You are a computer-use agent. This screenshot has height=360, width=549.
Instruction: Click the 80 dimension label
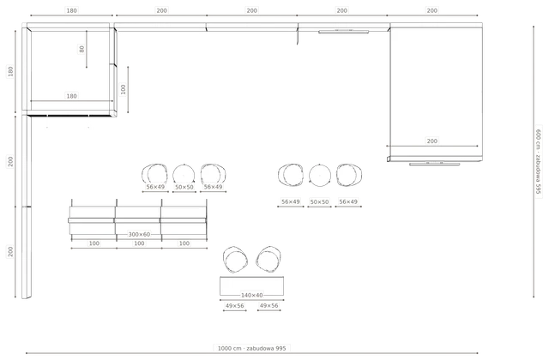[81, 49]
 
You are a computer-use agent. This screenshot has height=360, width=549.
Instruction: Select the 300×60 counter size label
[139, 234]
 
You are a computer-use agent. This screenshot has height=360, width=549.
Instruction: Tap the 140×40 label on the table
[251, 295]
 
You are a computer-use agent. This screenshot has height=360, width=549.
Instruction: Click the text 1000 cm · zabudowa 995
[251, 348]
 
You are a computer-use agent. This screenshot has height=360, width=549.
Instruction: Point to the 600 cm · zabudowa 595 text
[538, 162]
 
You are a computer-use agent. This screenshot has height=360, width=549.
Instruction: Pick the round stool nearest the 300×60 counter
[184, 174]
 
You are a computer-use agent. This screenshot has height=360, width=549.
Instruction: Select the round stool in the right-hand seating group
[320, 175]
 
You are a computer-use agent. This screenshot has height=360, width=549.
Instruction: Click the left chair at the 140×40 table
[235, 260]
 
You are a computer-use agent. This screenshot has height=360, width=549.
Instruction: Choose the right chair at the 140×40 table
[268, 259]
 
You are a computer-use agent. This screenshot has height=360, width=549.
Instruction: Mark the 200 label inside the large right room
[432, 141]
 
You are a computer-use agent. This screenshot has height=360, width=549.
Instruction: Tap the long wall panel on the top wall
[343, 32]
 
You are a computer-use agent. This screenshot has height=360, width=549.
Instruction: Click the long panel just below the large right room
[435, 164]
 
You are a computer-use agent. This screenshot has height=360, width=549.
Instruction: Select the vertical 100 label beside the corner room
[123, 89]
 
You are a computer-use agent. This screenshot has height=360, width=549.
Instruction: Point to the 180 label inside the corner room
[71, 96]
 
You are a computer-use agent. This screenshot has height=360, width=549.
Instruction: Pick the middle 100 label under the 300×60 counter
[139, 243]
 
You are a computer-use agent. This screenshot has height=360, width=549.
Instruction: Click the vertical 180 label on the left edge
[10, 71]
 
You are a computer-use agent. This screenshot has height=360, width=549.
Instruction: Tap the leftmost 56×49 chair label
[155, 187]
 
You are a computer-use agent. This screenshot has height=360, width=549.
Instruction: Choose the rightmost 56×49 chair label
[348, 201]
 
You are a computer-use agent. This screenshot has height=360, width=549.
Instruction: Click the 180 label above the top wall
[71, 10]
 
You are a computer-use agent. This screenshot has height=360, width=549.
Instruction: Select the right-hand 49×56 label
[268, 305]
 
